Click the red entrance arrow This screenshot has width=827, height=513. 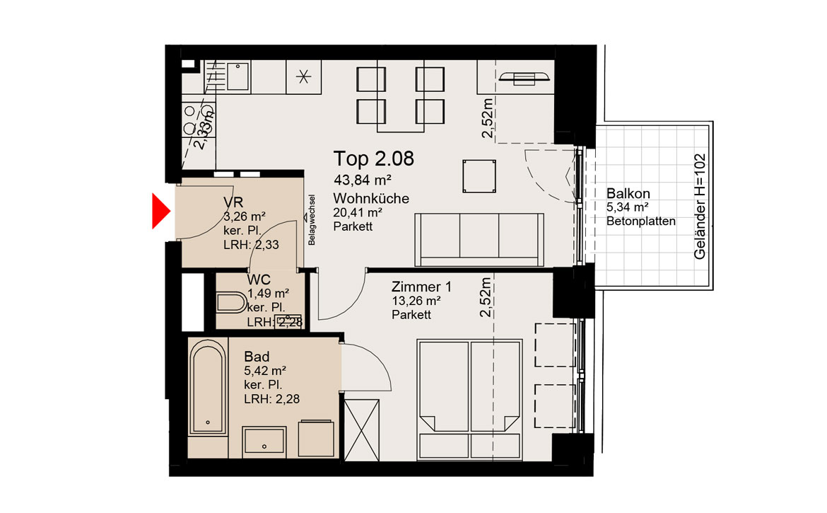point(160,211)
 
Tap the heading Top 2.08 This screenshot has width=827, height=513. point(373,158)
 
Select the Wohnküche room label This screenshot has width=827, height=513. point(371,198)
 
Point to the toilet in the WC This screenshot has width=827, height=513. point(231,303)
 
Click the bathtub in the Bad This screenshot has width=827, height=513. point(208,387)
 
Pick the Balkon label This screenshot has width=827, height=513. point(628,193)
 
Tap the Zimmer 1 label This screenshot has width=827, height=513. point(421,287)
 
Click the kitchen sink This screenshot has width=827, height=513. point(238,77)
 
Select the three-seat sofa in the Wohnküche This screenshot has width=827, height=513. point(479,240)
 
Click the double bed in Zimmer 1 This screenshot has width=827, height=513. point(469,398)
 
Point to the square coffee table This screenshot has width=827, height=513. point(479,176)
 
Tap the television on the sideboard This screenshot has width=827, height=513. point(524,78)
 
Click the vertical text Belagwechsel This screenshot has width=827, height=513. point(312,219)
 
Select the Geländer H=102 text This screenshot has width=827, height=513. point(699,207)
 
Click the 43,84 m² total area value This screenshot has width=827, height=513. point(363,180)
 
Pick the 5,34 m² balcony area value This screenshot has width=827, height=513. point(627,207)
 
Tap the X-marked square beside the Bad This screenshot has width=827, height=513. point(361,430)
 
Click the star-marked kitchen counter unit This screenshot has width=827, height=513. point(303,77)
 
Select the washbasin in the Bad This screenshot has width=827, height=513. point(264,442)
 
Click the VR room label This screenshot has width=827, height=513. point(233,202)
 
